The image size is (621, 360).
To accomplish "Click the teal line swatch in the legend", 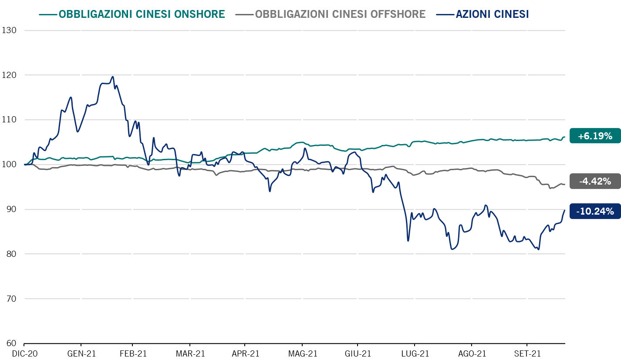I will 48,14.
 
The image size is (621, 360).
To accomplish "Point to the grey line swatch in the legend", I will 244,14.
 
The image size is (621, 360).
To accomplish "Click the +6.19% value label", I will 595,136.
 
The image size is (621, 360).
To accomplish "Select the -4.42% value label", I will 595,181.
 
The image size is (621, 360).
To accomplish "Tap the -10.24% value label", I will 595,212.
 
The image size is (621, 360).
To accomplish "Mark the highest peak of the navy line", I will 113,77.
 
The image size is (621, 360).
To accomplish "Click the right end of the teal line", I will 565,137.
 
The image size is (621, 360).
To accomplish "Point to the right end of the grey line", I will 565,185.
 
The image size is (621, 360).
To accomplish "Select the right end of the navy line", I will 565,210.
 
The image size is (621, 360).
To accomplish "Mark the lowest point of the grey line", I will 550,188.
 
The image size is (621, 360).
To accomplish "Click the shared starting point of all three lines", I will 24,165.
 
